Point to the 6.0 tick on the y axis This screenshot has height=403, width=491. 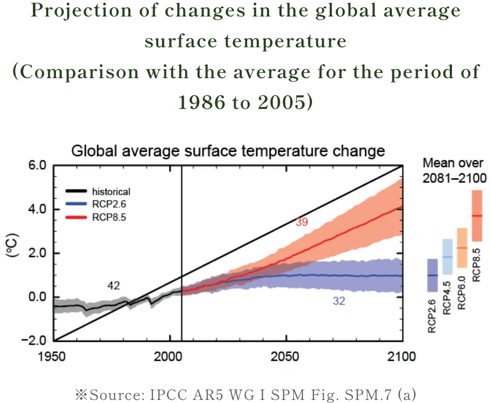click(37, 166)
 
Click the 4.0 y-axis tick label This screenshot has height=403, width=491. click(37, 210)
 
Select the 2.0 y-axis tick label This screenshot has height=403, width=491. click(37, 253)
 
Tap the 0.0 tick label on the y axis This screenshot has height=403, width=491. click(37, 297)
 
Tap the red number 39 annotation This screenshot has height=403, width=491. click(301, 222)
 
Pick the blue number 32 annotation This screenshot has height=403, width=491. click(339, 301)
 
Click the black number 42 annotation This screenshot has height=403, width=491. click(114, 286)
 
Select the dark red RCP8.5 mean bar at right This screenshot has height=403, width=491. click(477, 215)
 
